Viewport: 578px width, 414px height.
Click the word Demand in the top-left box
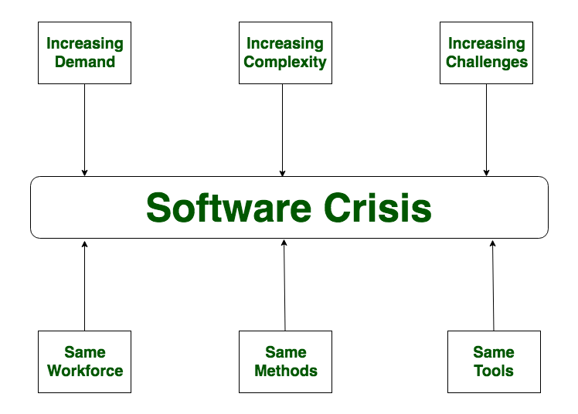pyautogui.click(x=85, y=62)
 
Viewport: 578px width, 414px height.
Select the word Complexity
pyautogui.click(x=285, y=63)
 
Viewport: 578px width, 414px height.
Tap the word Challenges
pyautogui.click(x=487, y=62)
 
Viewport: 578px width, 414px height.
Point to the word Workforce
pyautogui.click(x=85, y=371)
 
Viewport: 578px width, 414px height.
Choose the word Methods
pyautogui.click(x=286, y=371)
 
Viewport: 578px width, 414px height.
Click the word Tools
pyautogui.click(x=494, y=371)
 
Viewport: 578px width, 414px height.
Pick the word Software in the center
pyautogui.click(x=229, y=208)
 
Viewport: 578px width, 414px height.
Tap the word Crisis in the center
pyautogui.click(x=378, y=208)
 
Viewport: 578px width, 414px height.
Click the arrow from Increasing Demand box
pyautogui.click(x=84, y=130)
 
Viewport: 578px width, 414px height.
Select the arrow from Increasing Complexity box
pyautogui.click(x=282, y=130)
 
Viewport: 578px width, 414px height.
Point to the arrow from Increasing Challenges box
pyautogui.click(x=486, y=130)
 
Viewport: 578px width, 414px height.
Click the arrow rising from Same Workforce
pyautogui.click(x=84, y=287)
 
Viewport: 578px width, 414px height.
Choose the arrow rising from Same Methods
pyautogui.click(x=284, y=286)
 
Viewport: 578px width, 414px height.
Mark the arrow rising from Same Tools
pyautogui.click(x=493, y=286)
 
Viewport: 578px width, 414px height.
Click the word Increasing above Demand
pyautogui.click(x=85, y=44)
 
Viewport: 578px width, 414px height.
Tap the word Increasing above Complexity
pyautogui.click(x=285, y=44)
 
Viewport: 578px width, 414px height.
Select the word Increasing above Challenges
pyautogui.click(x=487, y=44)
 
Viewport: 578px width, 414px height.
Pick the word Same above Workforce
pyautogui.click(x=85, y=352)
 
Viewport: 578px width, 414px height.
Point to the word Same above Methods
pyautogui.click(x=286, y=352)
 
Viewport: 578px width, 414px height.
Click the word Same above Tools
pyautogui.click(x=494, y=352)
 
